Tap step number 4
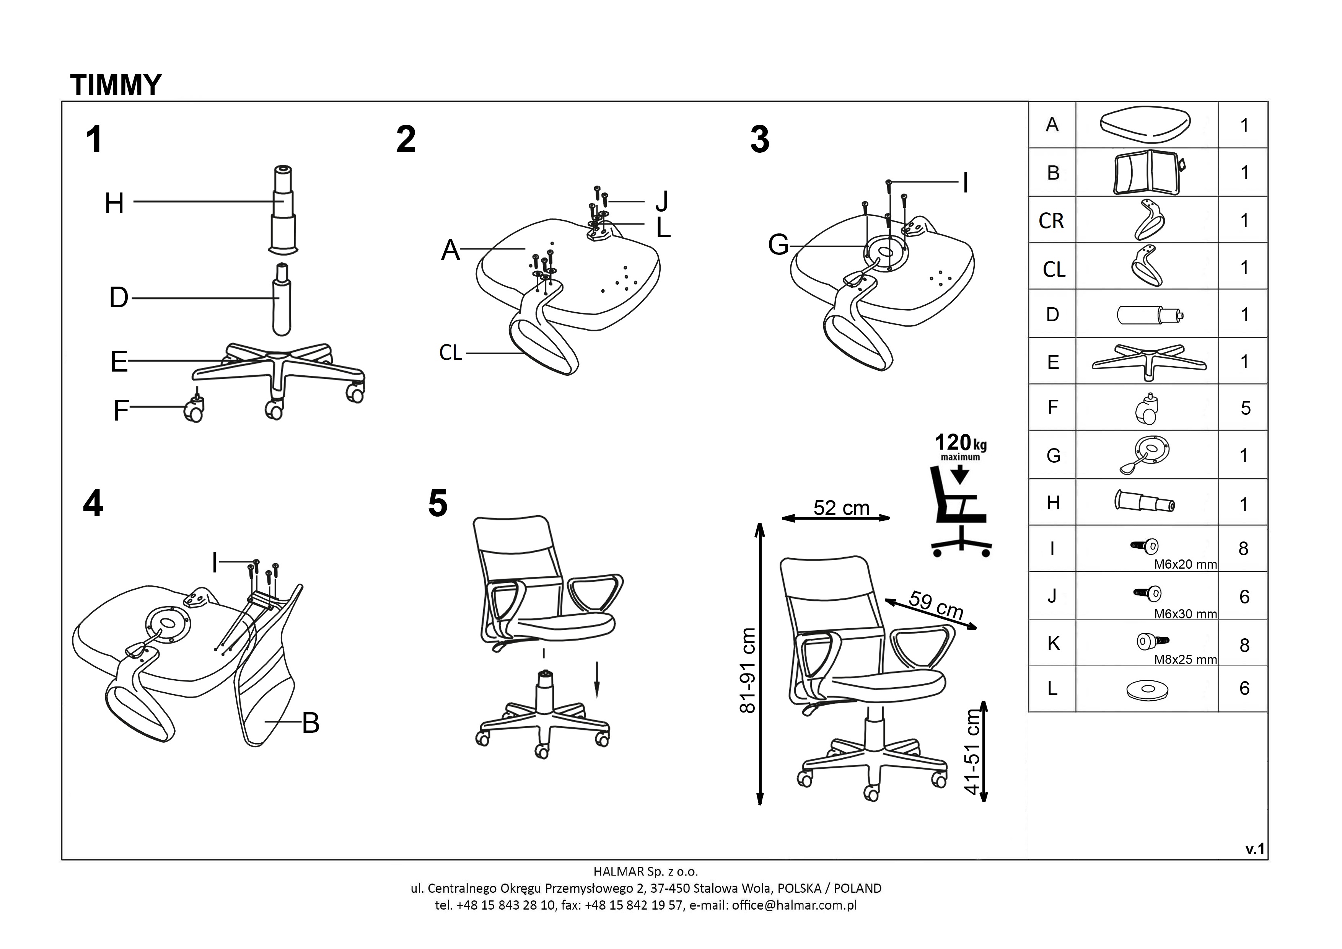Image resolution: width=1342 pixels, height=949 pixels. pos(93,504)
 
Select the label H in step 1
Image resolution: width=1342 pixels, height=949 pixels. pos(114,204)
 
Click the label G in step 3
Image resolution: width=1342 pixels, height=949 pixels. pos(778,245)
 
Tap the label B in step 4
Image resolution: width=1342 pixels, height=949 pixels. pos(310,723)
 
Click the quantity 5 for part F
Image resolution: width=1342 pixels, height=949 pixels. pos(1245,408)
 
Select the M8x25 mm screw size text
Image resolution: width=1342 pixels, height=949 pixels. pos(1185,660)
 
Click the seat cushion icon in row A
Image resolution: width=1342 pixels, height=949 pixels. pos(1145,124)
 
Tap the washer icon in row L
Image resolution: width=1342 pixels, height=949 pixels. pos(1147,690)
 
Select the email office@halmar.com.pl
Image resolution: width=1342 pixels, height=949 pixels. pos(794,905)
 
